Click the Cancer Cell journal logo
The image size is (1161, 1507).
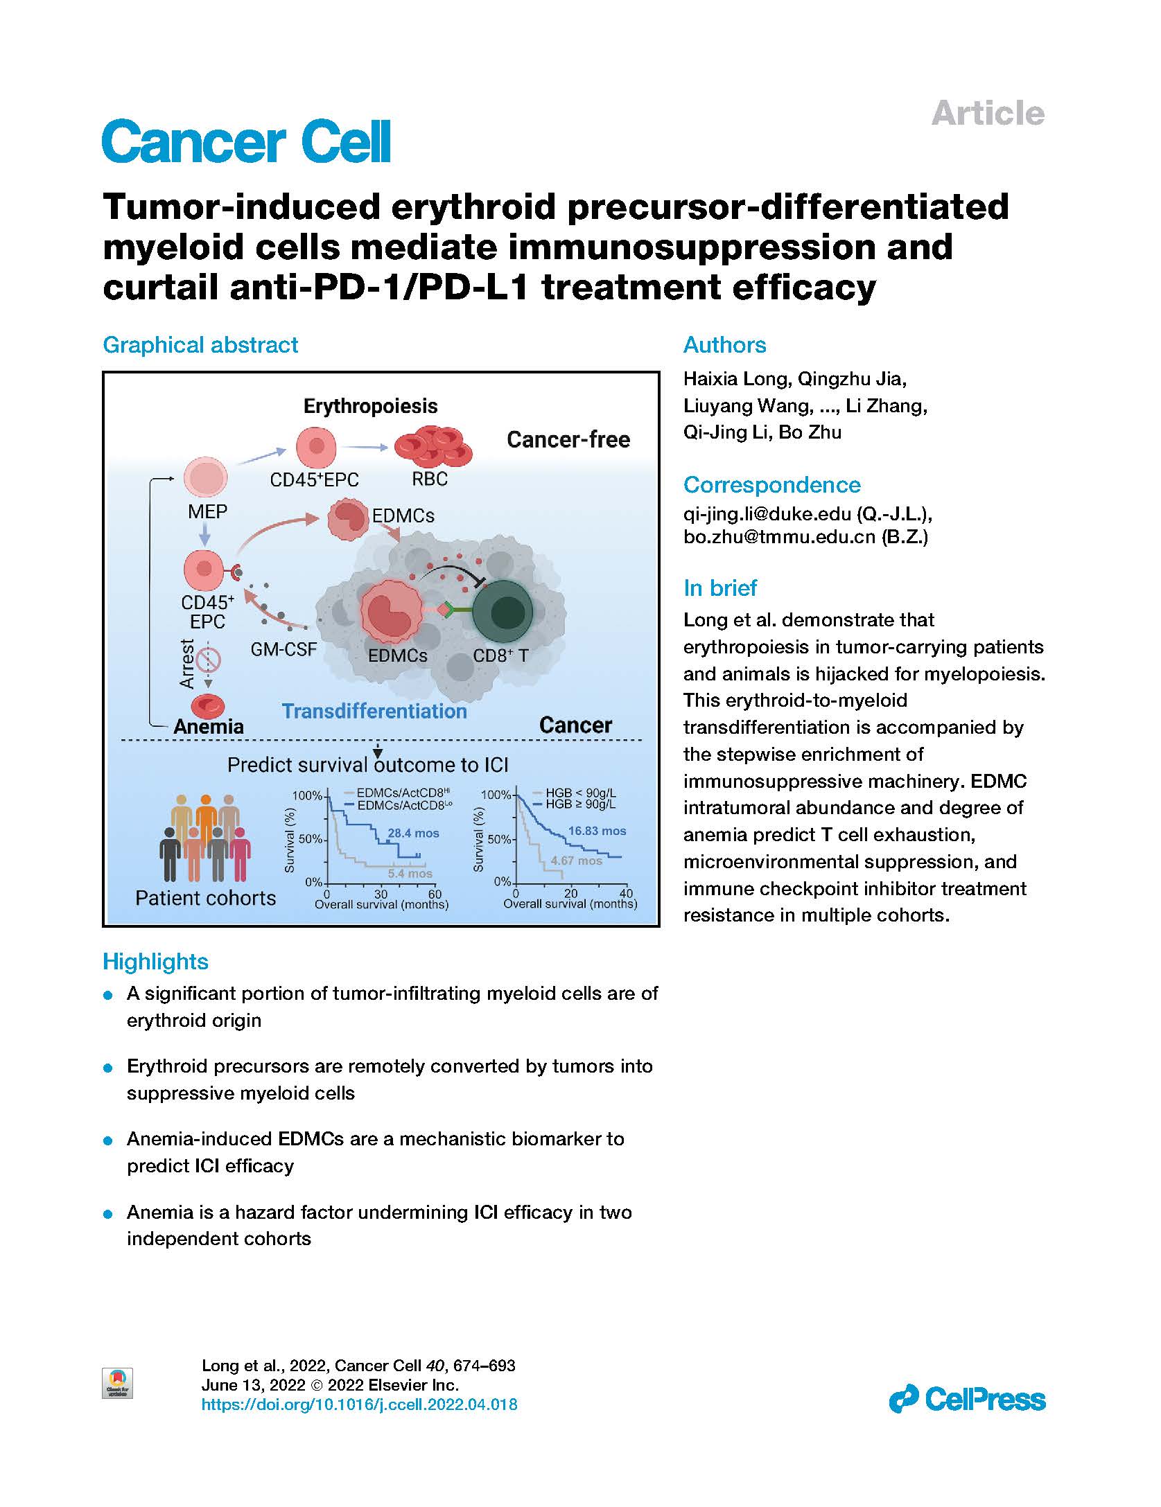tap(246, 142)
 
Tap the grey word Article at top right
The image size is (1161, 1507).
tap(987, 114)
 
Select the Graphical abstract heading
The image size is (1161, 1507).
tap(200, 345)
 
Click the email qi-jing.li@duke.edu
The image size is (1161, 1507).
tap(767, 514)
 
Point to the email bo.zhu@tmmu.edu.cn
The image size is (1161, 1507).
tap(779, 537)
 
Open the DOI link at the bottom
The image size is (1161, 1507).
tap(359, 1404)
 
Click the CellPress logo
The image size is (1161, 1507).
tap(967, 1399)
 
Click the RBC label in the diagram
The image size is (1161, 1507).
tap(430, 479)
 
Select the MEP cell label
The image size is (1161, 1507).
tap(207, 512)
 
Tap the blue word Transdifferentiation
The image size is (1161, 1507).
tap(374, 712)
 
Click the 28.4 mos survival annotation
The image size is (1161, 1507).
tap(413, 834)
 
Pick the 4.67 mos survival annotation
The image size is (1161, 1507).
tap(577, 861)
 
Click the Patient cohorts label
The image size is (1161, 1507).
tap(205, 899)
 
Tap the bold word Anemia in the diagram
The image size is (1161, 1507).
tap(209, 727)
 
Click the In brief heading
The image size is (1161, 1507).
tap(720, 588)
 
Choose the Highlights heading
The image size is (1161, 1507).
tap(155, 962)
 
